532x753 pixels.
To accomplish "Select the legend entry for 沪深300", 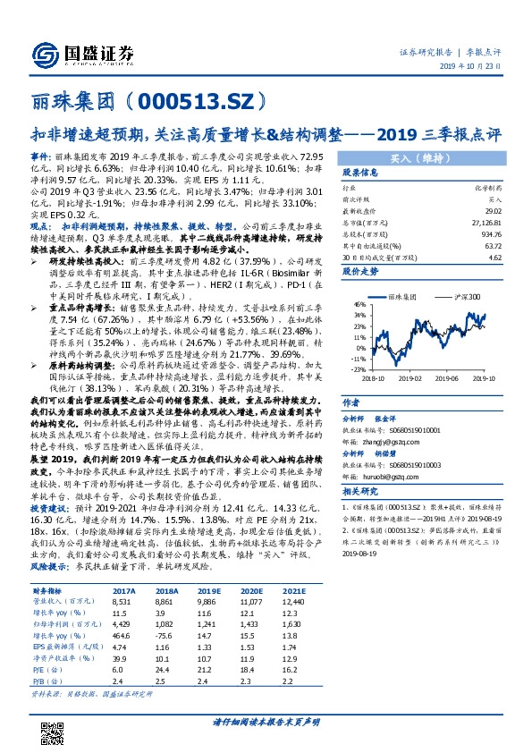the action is point(466,295).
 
